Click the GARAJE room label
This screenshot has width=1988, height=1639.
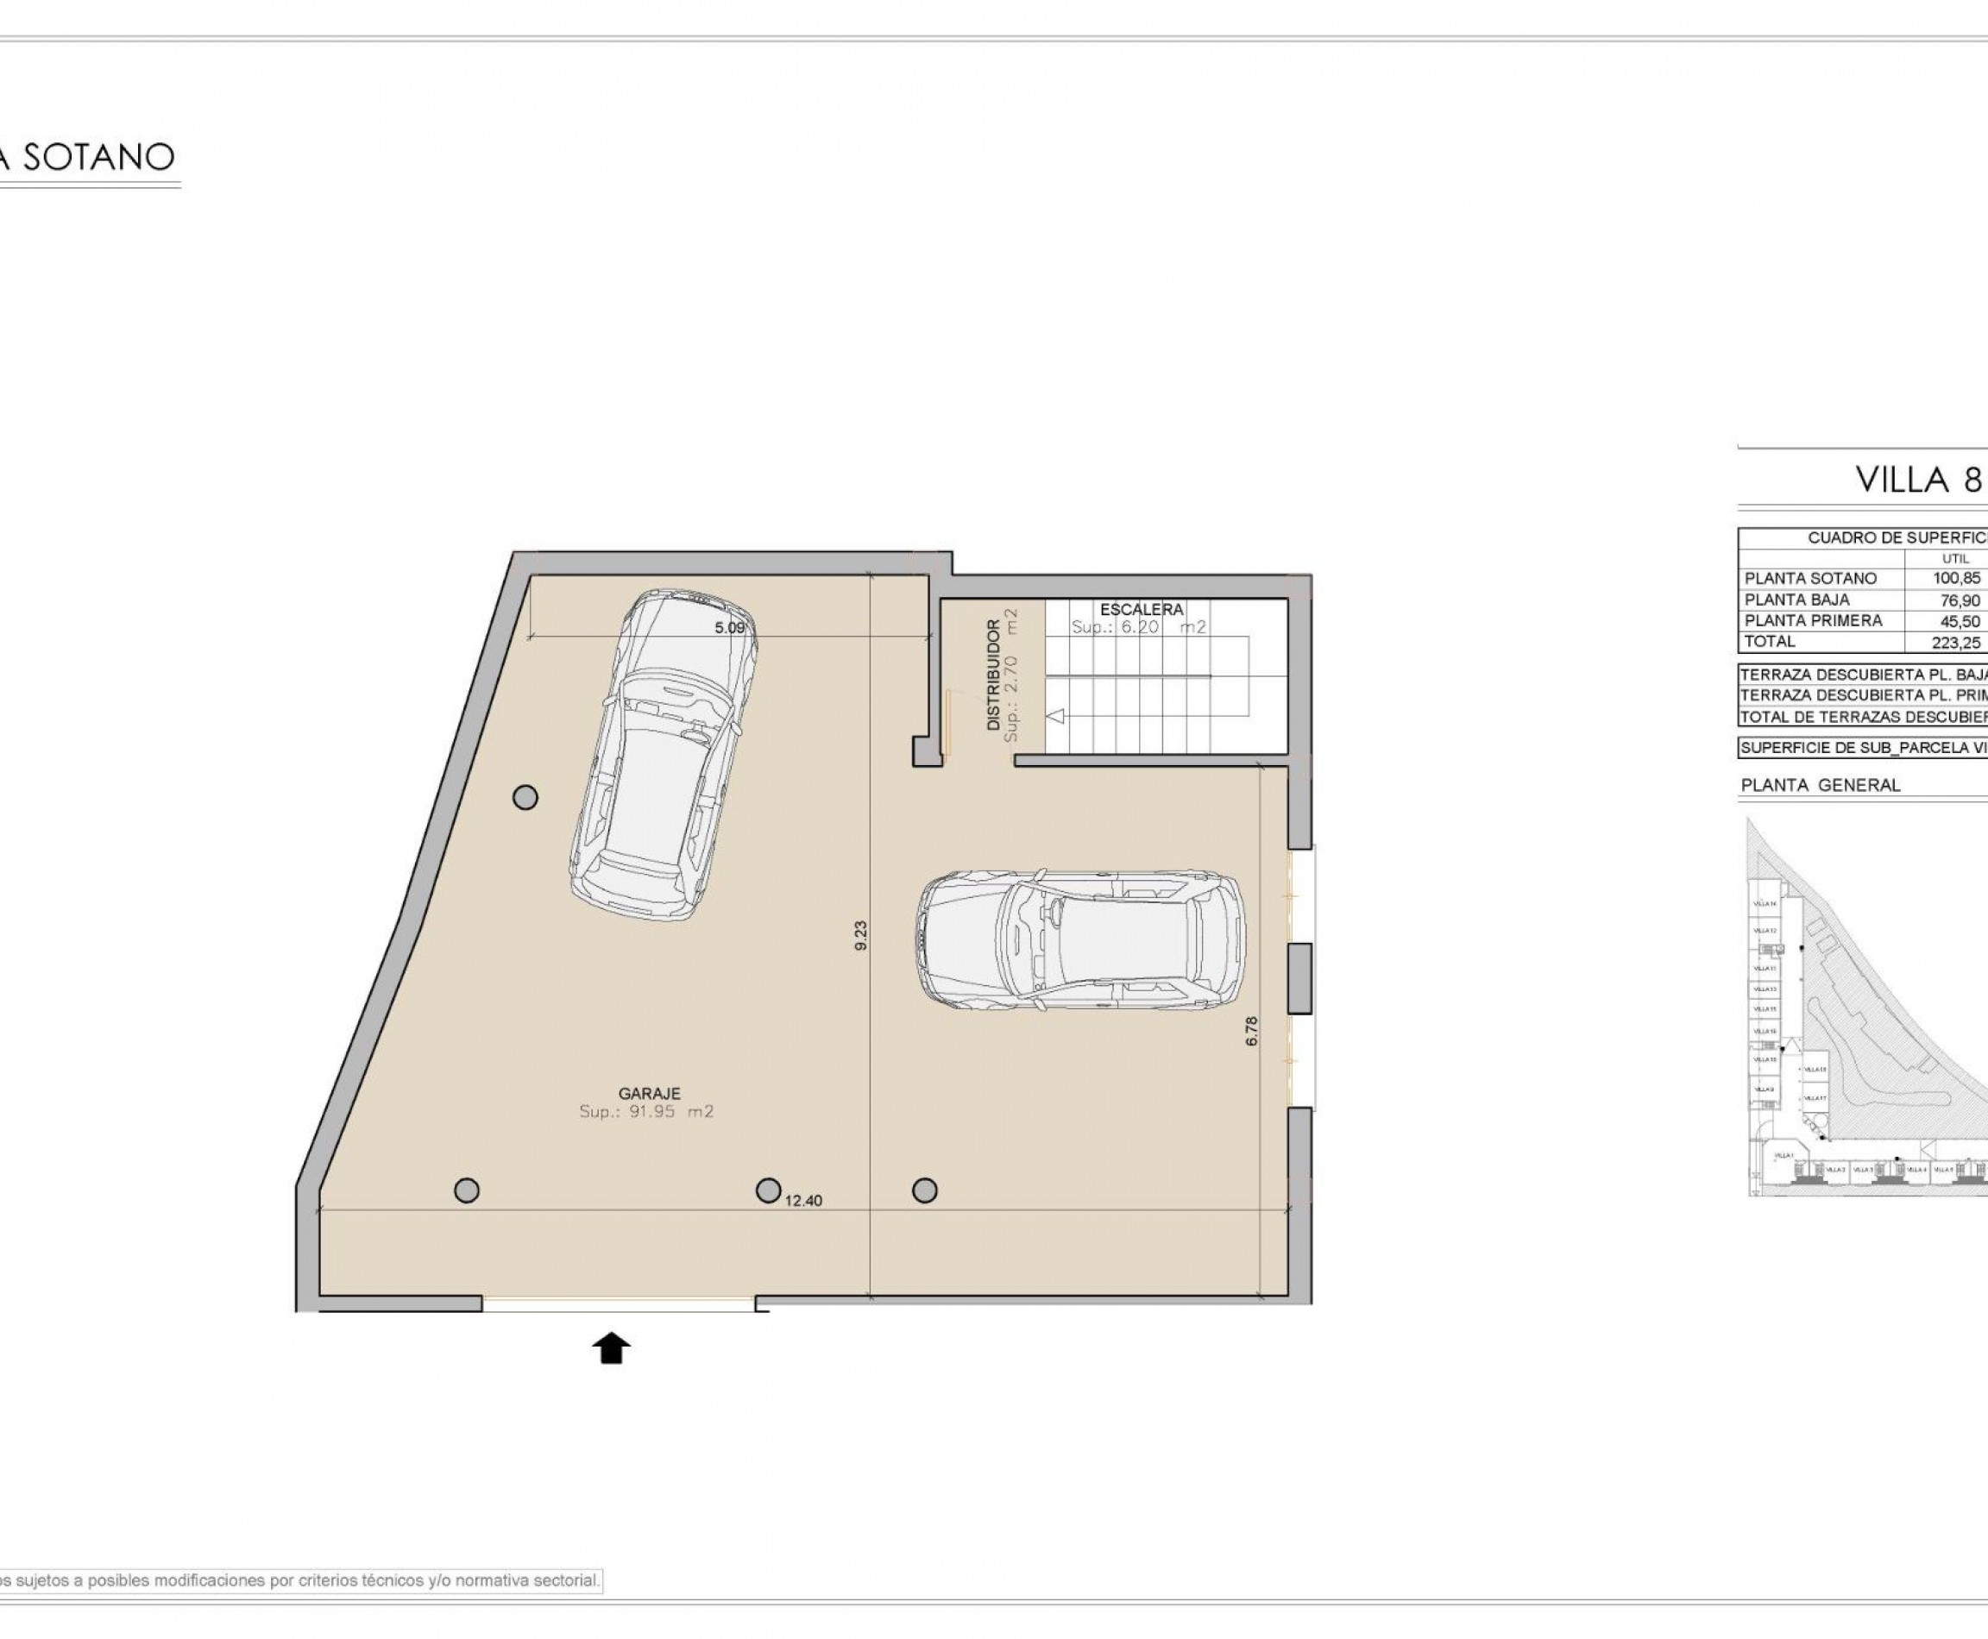[649, 1093]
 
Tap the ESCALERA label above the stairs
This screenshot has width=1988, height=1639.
[1141, 610]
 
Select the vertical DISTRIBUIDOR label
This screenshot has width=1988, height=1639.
[992, 675]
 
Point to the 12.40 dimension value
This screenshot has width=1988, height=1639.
[803, 1201]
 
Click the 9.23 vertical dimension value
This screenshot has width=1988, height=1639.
[860, 935]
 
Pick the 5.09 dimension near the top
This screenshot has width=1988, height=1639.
[729, 627]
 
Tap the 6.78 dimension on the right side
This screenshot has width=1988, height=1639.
[1252, 1029]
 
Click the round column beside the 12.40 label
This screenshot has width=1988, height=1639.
[768, 1190]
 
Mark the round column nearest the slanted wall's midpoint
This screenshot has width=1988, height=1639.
[525, 798]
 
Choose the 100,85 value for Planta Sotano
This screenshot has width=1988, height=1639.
[1956, 578]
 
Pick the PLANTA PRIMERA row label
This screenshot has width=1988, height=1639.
[1812, 620]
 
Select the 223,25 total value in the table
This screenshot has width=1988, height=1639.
[1956, 642]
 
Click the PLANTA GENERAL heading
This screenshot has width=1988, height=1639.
[1820, 785]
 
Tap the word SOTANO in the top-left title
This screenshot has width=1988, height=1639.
[98, 157]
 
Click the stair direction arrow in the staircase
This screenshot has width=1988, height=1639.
[1056, 716]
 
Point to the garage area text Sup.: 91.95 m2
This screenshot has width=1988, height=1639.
[646, 1112]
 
